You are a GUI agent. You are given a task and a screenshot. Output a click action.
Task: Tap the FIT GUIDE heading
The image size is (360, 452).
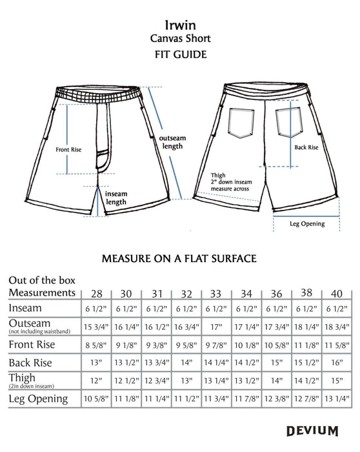point(179,55)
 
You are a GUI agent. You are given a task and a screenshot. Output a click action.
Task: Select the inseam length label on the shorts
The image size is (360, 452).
point(115,197)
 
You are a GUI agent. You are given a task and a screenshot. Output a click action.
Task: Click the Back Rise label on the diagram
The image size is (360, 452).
point(306,147)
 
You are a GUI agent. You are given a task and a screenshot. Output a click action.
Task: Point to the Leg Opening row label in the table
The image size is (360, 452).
point(38,398)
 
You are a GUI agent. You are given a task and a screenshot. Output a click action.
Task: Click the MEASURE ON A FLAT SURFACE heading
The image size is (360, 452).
point(179,258)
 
